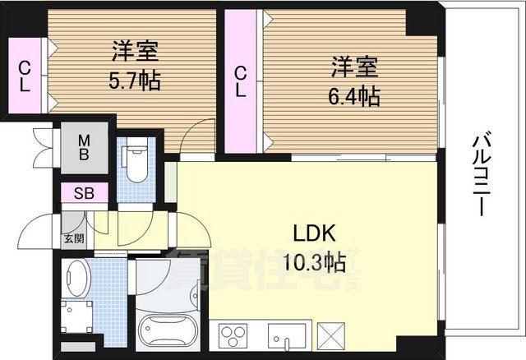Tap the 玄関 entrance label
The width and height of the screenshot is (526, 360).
73,238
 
